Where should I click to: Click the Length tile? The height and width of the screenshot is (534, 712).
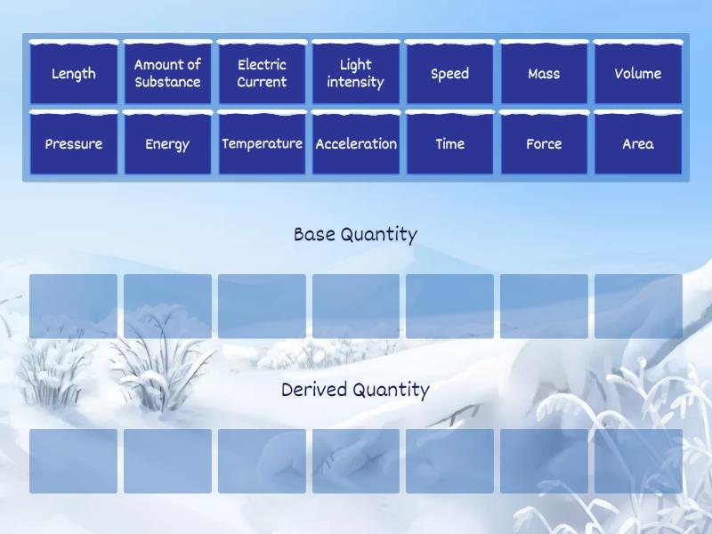73,74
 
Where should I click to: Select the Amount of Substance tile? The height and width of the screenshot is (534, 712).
167,74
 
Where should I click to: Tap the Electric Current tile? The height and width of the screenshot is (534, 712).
262,74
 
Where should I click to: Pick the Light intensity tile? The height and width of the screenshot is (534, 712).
355,74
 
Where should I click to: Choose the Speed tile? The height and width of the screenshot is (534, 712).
449,74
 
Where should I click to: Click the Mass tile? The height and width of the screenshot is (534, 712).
544,74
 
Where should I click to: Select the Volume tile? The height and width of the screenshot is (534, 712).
637,74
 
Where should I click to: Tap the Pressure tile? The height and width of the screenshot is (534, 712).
73,143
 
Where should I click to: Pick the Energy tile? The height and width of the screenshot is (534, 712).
167,143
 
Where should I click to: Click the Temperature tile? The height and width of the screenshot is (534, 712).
262,143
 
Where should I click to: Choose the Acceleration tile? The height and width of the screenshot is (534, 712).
355,143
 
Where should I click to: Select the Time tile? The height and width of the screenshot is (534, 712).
449,143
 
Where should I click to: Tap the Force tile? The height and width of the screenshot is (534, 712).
544,143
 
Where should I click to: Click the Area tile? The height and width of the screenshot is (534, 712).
637,143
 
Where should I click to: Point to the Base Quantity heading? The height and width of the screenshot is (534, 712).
355,235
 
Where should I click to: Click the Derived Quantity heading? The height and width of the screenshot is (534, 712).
355,390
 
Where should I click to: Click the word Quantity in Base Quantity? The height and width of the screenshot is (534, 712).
378,235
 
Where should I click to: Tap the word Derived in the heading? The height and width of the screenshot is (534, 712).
313,390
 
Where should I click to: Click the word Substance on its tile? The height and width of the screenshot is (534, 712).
167,82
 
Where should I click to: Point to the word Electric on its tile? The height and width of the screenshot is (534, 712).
262,64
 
